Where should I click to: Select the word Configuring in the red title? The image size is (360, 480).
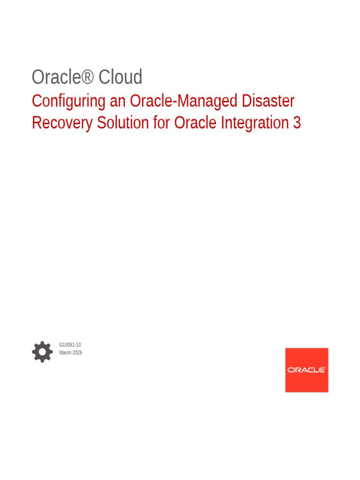(x=68, y=101)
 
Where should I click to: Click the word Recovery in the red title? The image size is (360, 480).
(x=62, y=123)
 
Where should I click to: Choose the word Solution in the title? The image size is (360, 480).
(x=123, y=123)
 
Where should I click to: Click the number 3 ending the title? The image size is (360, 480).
(x=297, y=123)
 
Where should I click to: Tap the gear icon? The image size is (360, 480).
(x=42, y=352)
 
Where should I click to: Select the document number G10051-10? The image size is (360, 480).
(x=70, y=345)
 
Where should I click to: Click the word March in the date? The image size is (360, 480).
(x=65, y=352)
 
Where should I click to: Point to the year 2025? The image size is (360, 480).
(x=77, y=352)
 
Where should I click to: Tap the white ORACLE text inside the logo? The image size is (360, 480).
(x=307, y=370)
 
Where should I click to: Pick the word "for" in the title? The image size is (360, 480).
(x=162, y=123)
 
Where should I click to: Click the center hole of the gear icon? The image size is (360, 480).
(x=42, y=352)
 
